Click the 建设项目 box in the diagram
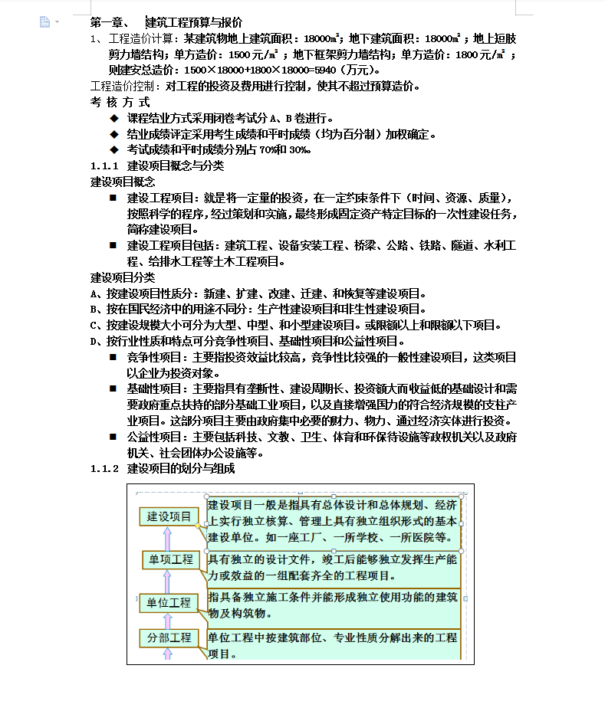tap(169, 516)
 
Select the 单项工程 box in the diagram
tap(169, 559)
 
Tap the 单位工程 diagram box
tap(169, 603)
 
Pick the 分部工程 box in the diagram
tap(169, 637)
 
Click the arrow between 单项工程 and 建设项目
tap(168, 538)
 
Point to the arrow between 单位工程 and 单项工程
tap(168, 582)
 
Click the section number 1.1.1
tap(104, 166)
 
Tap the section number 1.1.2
tap(104, 468)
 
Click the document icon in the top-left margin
tap(45, 22)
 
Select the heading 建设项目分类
tap(123, 277)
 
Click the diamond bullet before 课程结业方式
tap(114, 118)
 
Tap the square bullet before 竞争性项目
tap(113, 357)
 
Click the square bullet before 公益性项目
tap(113, 437)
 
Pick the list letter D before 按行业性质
tap(95, 341)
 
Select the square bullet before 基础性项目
tap(113, 389)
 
